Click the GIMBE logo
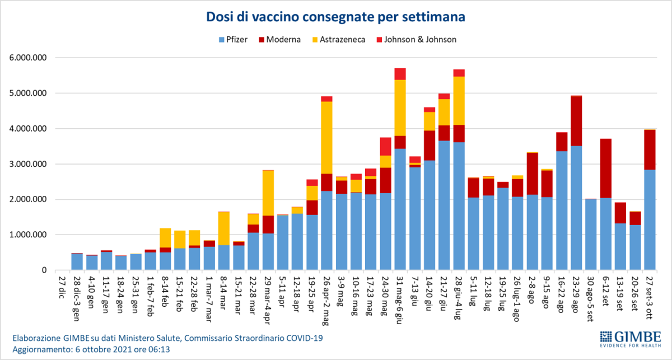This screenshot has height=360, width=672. point(630,339)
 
